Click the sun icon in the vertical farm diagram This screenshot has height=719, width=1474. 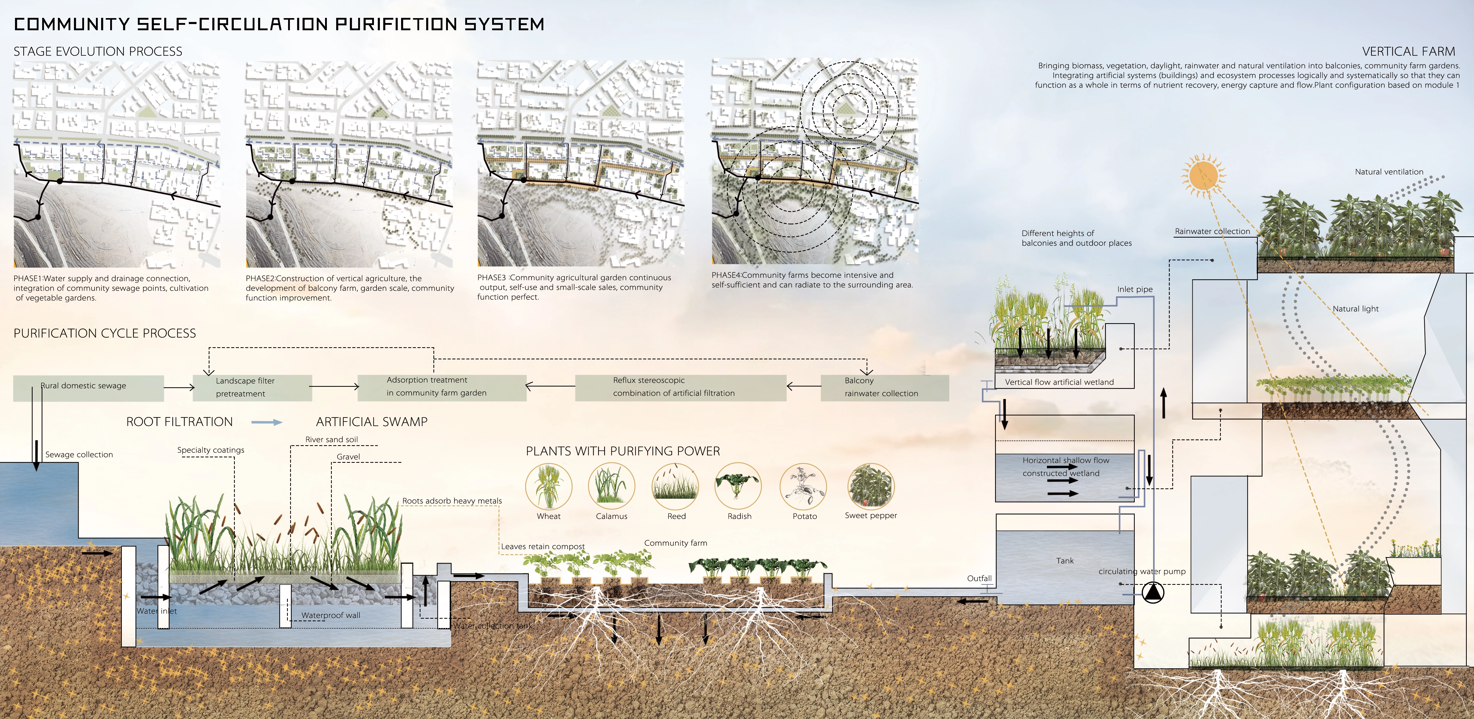tap(1202, 176)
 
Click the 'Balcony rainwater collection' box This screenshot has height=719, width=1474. tap(884, 387)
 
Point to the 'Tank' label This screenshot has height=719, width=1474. tap(1064, 561)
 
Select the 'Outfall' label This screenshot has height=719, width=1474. tap(979, 578)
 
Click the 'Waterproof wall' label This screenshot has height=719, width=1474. tap(331, 616)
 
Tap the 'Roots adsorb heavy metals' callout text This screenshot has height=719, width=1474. tap(452, 501)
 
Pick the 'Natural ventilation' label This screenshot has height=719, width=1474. tap(1389, 172)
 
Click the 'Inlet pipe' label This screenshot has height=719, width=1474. tap(1135, 289)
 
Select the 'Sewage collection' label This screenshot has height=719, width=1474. tap(79, 455)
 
